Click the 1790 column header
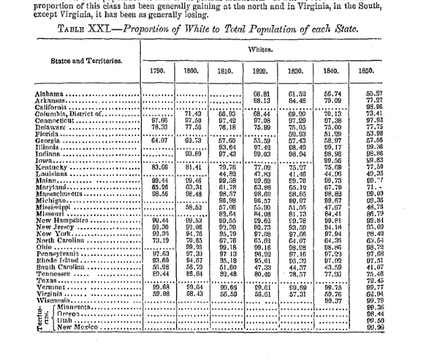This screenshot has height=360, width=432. pos(157,70)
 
